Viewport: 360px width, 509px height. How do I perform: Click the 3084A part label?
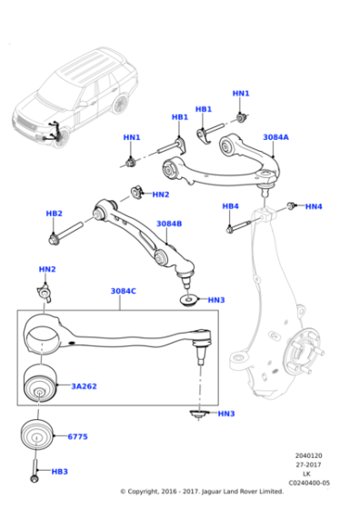click(275, 137)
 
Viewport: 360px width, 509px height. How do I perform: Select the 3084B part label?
click(169, 223)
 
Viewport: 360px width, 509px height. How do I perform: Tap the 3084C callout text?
click(124, 291)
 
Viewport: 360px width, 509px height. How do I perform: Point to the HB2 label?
click(54, 214)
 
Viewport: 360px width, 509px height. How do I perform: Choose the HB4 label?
click(230, 206)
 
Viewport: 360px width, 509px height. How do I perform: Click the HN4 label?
click(314, 207)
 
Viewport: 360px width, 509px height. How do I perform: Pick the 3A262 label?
click(85, 386)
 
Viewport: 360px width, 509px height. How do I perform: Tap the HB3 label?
click(60, 472)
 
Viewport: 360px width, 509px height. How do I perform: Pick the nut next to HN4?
click(291, 207)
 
